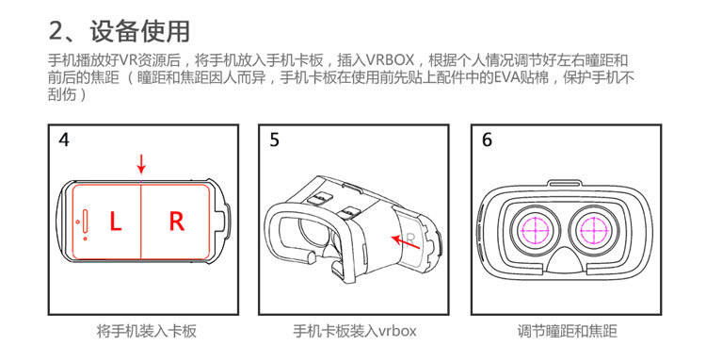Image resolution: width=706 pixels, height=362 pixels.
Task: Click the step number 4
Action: click(x=64, y=140)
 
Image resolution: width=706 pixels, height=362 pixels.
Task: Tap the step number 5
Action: click(x=274, y=140)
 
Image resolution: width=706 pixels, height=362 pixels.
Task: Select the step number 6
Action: click(x=487, y=140)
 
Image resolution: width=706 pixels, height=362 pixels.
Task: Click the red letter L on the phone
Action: click(x=115, y=222)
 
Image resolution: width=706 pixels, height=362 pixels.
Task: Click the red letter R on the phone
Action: click(x=176, y=222)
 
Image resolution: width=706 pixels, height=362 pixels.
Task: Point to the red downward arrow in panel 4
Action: click(x=141, y=165)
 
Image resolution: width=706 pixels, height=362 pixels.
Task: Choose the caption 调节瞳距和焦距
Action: click(x=568, y=331)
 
